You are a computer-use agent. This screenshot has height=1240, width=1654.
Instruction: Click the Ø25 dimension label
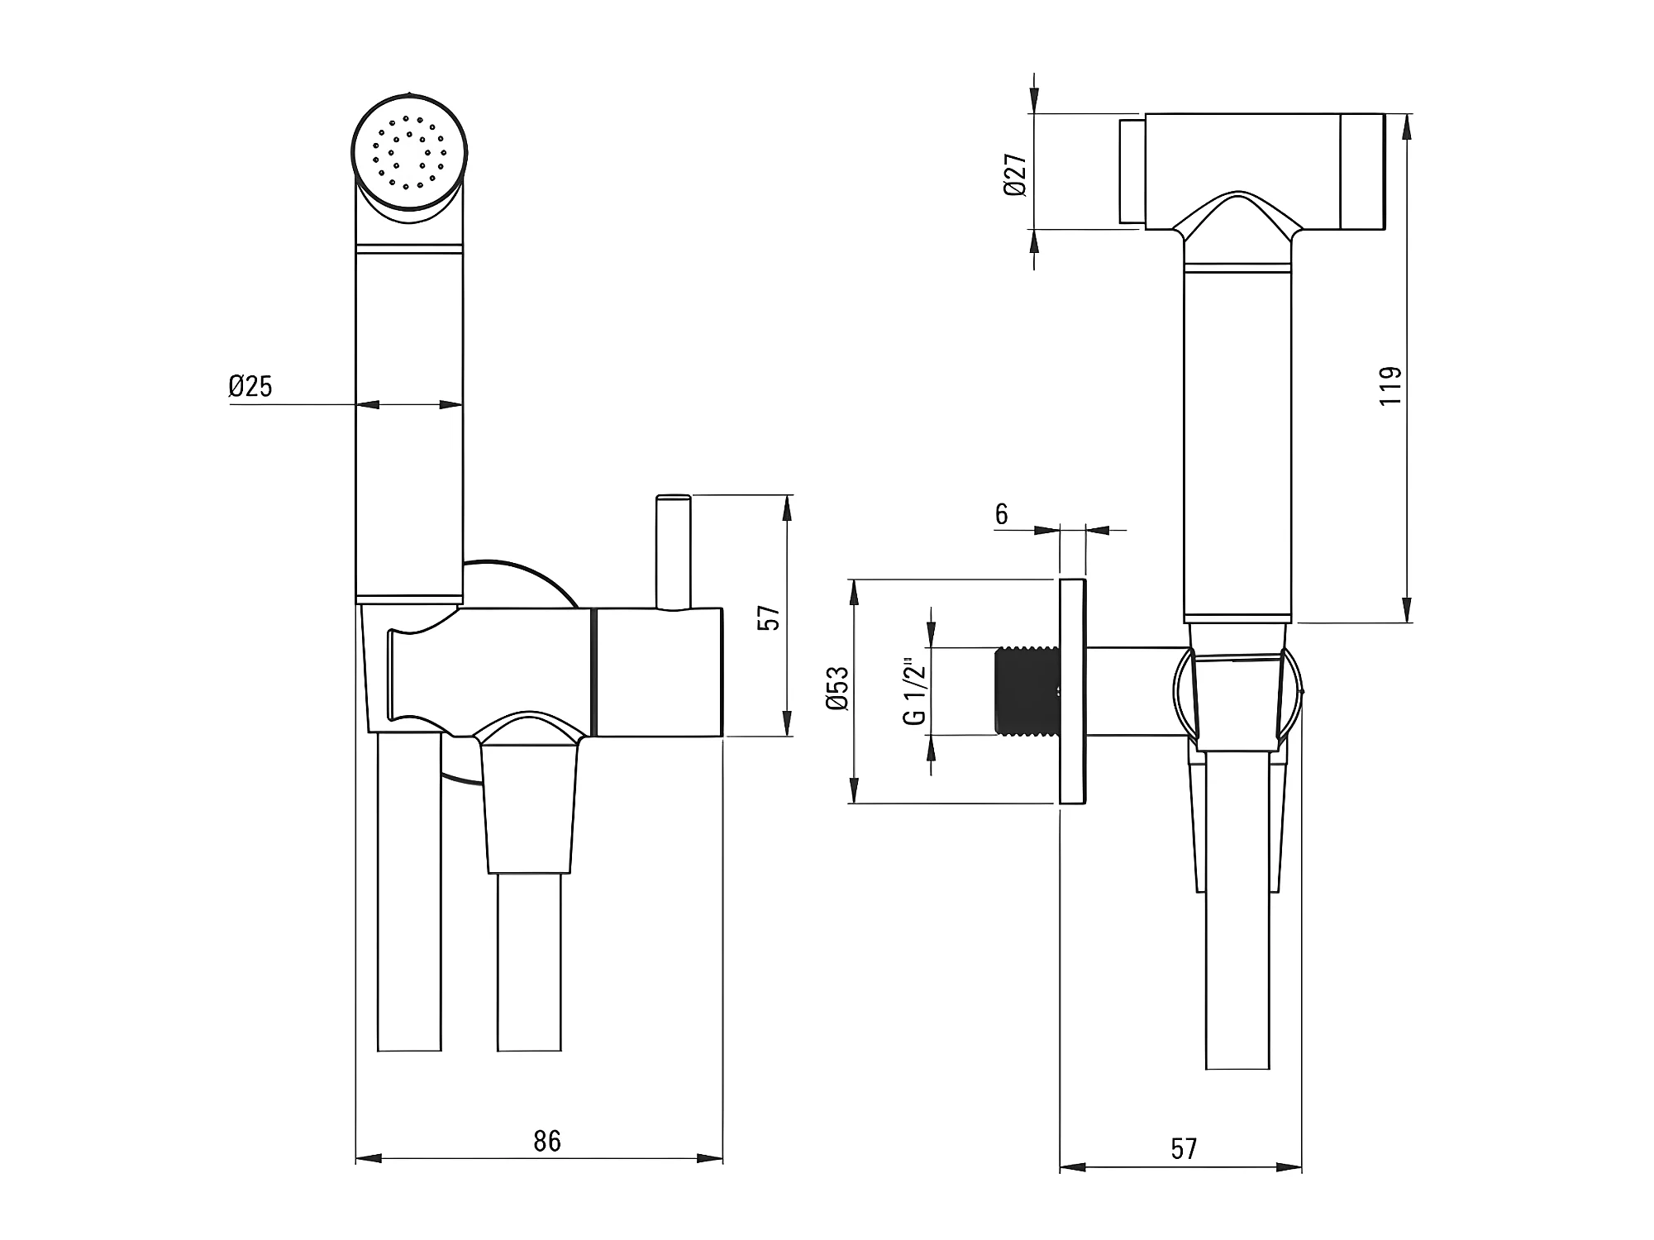tap(250, 386)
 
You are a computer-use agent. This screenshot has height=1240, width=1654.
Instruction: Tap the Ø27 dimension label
tap(1015, 174)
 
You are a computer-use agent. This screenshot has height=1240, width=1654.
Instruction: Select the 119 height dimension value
tap(1391, 385)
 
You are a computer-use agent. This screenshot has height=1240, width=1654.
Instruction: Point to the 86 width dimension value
tap(546, 1141)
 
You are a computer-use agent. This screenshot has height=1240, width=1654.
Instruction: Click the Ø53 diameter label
tap(837, 688)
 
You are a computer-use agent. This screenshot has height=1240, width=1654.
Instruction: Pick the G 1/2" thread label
tap(915, 691)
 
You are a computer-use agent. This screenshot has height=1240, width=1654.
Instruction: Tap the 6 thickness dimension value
tap(1001, 514)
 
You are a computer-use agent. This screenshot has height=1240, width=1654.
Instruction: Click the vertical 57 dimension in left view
tap(769, 618)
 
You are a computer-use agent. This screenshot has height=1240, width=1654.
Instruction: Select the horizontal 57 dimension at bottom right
tap(1183, 1148)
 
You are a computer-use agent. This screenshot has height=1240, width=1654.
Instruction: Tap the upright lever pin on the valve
tap(673, 550)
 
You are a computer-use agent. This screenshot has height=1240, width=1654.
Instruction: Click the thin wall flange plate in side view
tap(1072, 691)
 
